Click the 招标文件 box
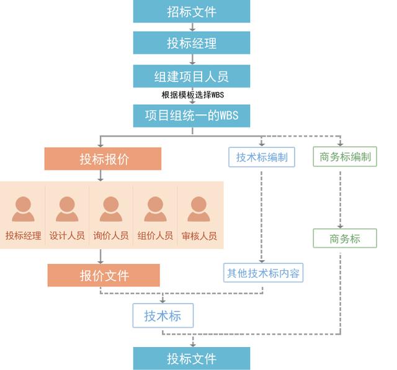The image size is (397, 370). [192, 11]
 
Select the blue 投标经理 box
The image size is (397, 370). [192, 43]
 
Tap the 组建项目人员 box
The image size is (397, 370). [192, 76]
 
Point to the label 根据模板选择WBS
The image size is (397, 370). [193, 95]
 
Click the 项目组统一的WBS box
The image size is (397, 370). [192, 116]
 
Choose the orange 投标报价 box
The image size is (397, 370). [103, 159]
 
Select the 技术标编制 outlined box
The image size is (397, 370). [262, 157]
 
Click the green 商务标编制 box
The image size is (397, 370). [345, 156]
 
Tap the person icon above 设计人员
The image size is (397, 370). [67, 209]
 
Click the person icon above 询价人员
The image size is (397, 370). [111, 209]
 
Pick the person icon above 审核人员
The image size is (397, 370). [198, 209]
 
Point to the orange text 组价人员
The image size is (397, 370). [155, 236]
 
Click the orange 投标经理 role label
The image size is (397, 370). [24, 236]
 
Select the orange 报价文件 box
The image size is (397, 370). [104, 276]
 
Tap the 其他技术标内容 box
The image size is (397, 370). [263, 273]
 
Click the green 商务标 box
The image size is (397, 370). [345, 238]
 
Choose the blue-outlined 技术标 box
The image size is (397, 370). [163, 316]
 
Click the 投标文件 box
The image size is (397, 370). [192, 359]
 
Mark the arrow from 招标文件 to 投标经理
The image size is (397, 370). [192, 27]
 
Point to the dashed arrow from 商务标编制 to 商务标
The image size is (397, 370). [341, 200]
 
